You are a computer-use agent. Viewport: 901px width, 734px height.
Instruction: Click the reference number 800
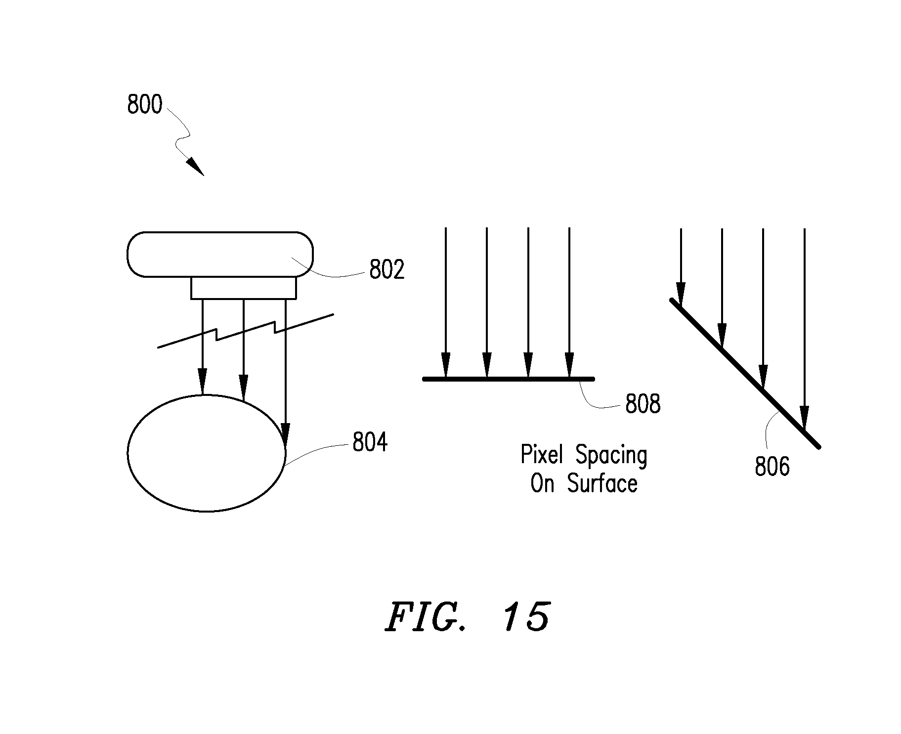(144, 105)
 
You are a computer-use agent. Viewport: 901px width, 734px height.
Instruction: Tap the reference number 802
(387, 270)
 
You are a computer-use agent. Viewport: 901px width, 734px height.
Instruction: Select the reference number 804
(370, 442)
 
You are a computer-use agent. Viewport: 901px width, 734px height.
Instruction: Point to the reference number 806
(772, 466)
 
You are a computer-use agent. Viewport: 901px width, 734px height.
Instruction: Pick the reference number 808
(643, 404)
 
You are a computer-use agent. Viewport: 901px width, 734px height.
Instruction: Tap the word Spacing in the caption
(611, 456)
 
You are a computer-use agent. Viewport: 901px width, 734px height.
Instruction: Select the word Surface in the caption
(602, 483)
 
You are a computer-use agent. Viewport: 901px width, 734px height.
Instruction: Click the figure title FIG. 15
(467, 617)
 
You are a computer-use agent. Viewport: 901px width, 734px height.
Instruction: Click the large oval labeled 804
(207, 453)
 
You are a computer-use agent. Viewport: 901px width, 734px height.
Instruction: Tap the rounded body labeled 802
(220, 255)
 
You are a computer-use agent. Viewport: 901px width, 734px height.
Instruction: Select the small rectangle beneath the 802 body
(244, 288)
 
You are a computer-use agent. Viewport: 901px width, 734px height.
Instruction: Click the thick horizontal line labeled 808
(509, 379)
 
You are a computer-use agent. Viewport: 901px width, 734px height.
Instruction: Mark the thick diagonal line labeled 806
(745, 374)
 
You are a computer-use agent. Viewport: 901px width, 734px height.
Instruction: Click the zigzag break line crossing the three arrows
(245, 331)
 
